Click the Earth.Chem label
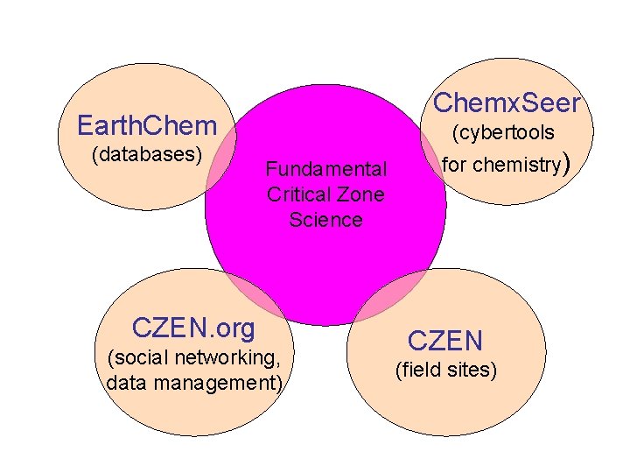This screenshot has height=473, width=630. coord(145,125)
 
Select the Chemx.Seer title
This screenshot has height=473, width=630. coord(507,103)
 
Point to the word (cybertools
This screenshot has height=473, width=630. coord(503,133)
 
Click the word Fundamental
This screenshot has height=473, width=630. coord(325,168)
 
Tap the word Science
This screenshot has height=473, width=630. coord(325,219)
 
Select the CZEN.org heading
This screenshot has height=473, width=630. coord(193,328)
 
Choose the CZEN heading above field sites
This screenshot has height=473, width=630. coord(445,340)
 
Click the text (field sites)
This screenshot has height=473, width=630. coord(446,371)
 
